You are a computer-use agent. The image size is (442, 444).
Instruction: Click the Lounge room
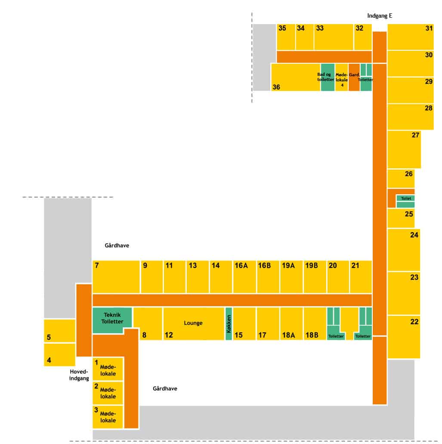[x=193, y=323]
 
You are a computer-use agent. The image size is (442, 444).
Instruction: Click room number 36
[x=295, y=78]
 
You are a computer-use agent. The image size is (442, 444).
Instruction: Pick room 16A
[x=244, y=277]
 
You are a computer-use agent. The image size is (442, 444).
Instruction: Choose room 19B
[x=315, y=277]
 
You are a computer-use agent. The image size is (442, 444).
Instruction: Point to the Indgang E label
[x=380, y=16]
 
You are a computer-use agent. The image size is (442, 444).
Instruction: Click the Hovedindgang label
[x=79, y=375]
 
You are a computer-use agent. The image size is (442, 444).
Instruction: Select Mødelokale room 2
[x=108, y=393]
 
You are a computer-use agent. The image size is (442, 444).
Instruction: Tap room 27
[x=404, y=149]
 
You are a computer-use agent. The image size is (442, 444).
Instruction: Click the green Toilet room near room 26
[x=405, y=199]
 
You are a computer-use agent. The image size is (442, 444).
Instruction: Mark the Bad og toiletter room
[x=327, y=77]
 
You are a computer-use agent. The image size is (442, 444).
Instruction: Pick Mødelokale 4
[x=342, y=78]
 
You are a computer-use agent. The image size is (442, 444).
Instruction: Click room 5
[x=59, y=331]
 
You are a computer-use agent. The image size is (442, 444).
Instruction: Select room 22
[x=403, y=337]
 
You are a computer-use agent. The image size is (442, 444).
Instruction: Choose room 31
[x=411, y=37]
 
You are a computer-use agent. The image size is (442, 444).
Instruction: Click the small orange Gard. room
[x=354, y=78]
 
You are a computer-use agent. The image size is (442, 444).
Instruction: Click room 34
[x=304, y=37]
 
